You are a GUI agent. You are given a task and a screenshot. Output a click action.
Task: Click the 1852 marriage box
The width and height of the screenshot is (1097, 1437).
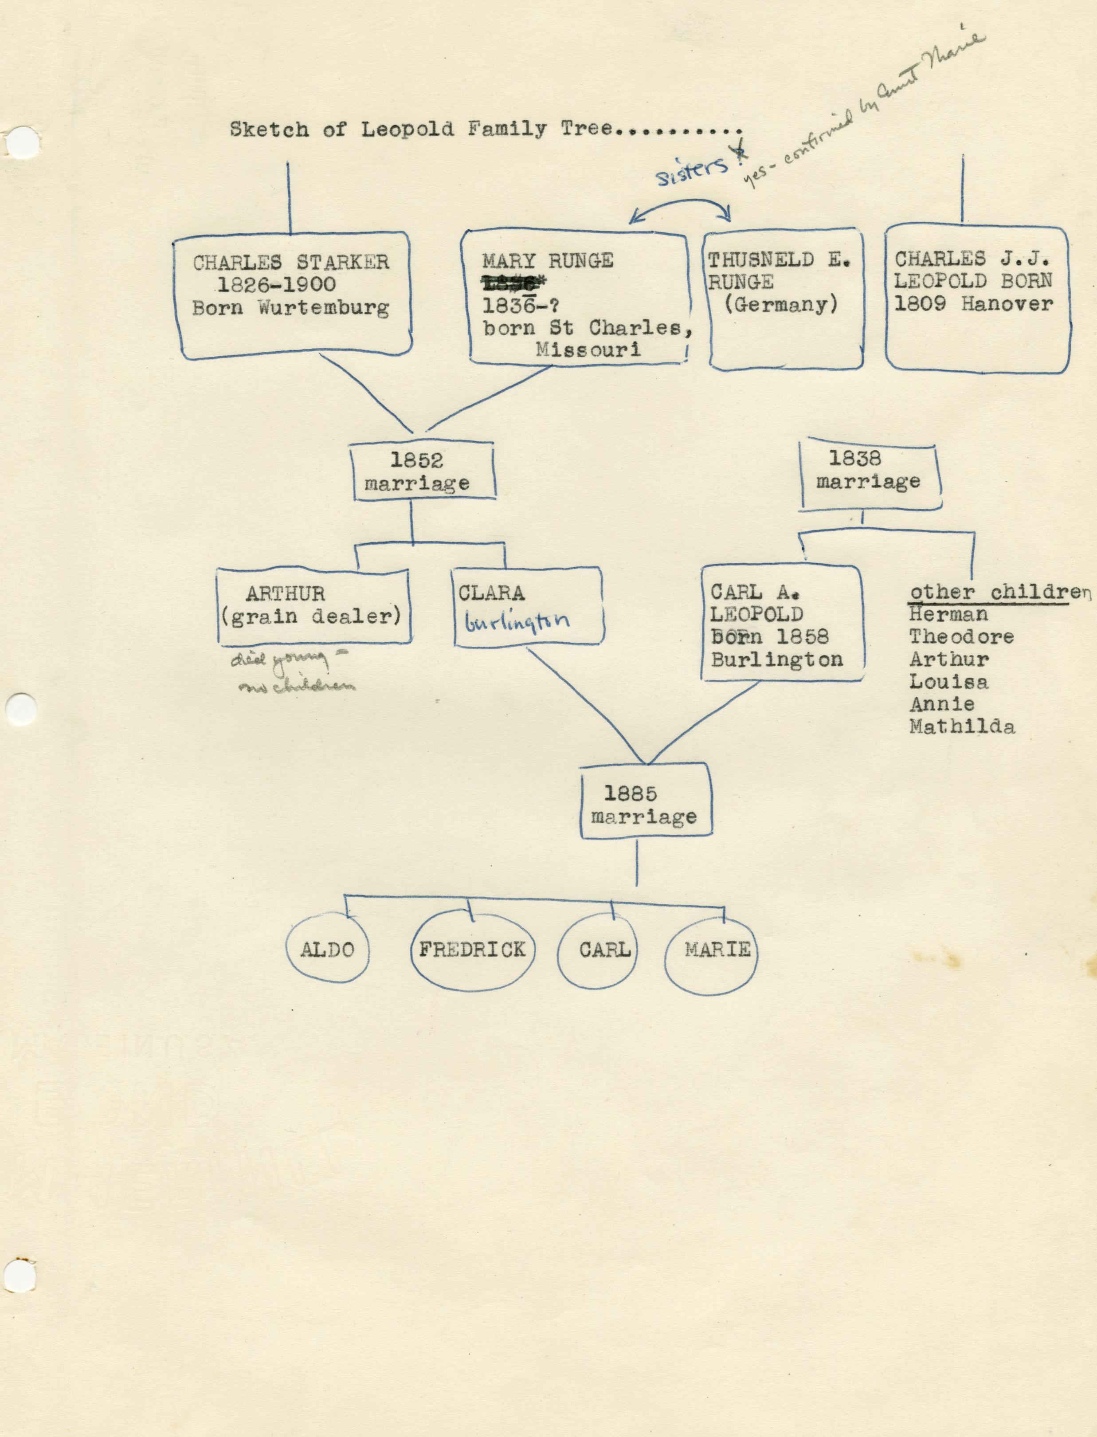pos(417,471)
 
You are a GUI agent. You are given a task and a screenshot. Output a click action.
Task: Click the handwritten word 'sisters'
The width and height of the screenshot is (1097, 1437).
pos(692,171)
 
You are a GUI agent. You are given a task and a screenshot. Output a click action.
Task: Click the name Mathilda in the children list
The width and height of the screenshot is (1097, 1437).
pos(962,726)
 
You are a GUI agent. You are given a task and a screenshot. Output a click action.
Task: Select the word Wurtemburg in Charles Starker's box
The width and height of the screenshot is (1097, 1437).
pos(323,308)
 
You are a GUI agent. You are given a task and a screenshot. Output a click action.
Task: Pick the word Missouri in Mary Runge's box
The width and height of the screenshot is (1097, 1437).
pos(588,349)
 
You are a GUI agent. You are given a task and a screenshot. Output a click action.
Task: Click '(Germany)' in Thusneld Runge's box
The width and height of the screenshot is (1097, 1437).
pos(781,304)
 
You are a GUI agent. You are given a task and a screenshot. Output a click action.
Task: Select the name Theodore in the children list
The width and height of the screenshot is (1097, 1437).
pos(961,637)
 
